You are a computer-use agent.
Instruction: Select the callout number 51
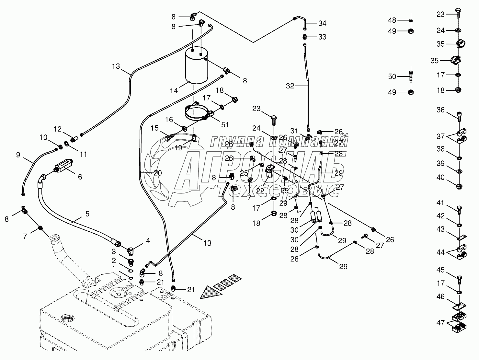tap(225, 124)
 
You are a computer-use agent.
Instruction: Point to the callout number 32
tap(291, 86)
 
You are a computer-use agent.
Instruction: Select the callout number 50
tap(392, 76)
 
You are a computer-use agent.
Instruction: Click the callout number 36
tap(440, 110)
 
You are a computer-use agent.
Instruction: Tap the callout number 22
tap(260, 191)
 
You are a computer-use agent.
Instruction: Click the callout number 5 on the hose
tap(87, 214)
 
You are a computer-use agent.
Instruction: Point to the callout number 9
tap(18, 155)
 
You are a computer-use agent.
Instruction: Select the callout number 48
tap(392, 20)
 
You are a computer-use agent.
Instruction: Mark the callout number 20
tap(157, 173)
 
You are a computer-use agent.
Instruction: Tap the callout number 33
tap(322, 37)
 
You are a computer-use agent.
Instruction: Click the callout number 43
tap(440, 229)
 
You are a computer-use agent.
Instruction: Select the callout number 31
tap(294, 131)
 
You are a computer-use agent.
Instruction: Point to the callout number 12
tap(58, 129)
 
